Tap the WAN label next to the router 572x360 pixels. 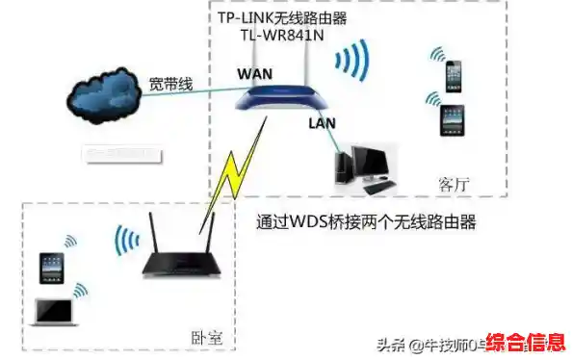click(253, 72)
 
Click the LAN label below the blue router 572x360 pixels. click(323, 123)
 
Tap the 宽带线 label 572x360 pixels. click(170, 84)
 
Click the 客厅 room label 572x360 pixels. click(454, 183)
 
